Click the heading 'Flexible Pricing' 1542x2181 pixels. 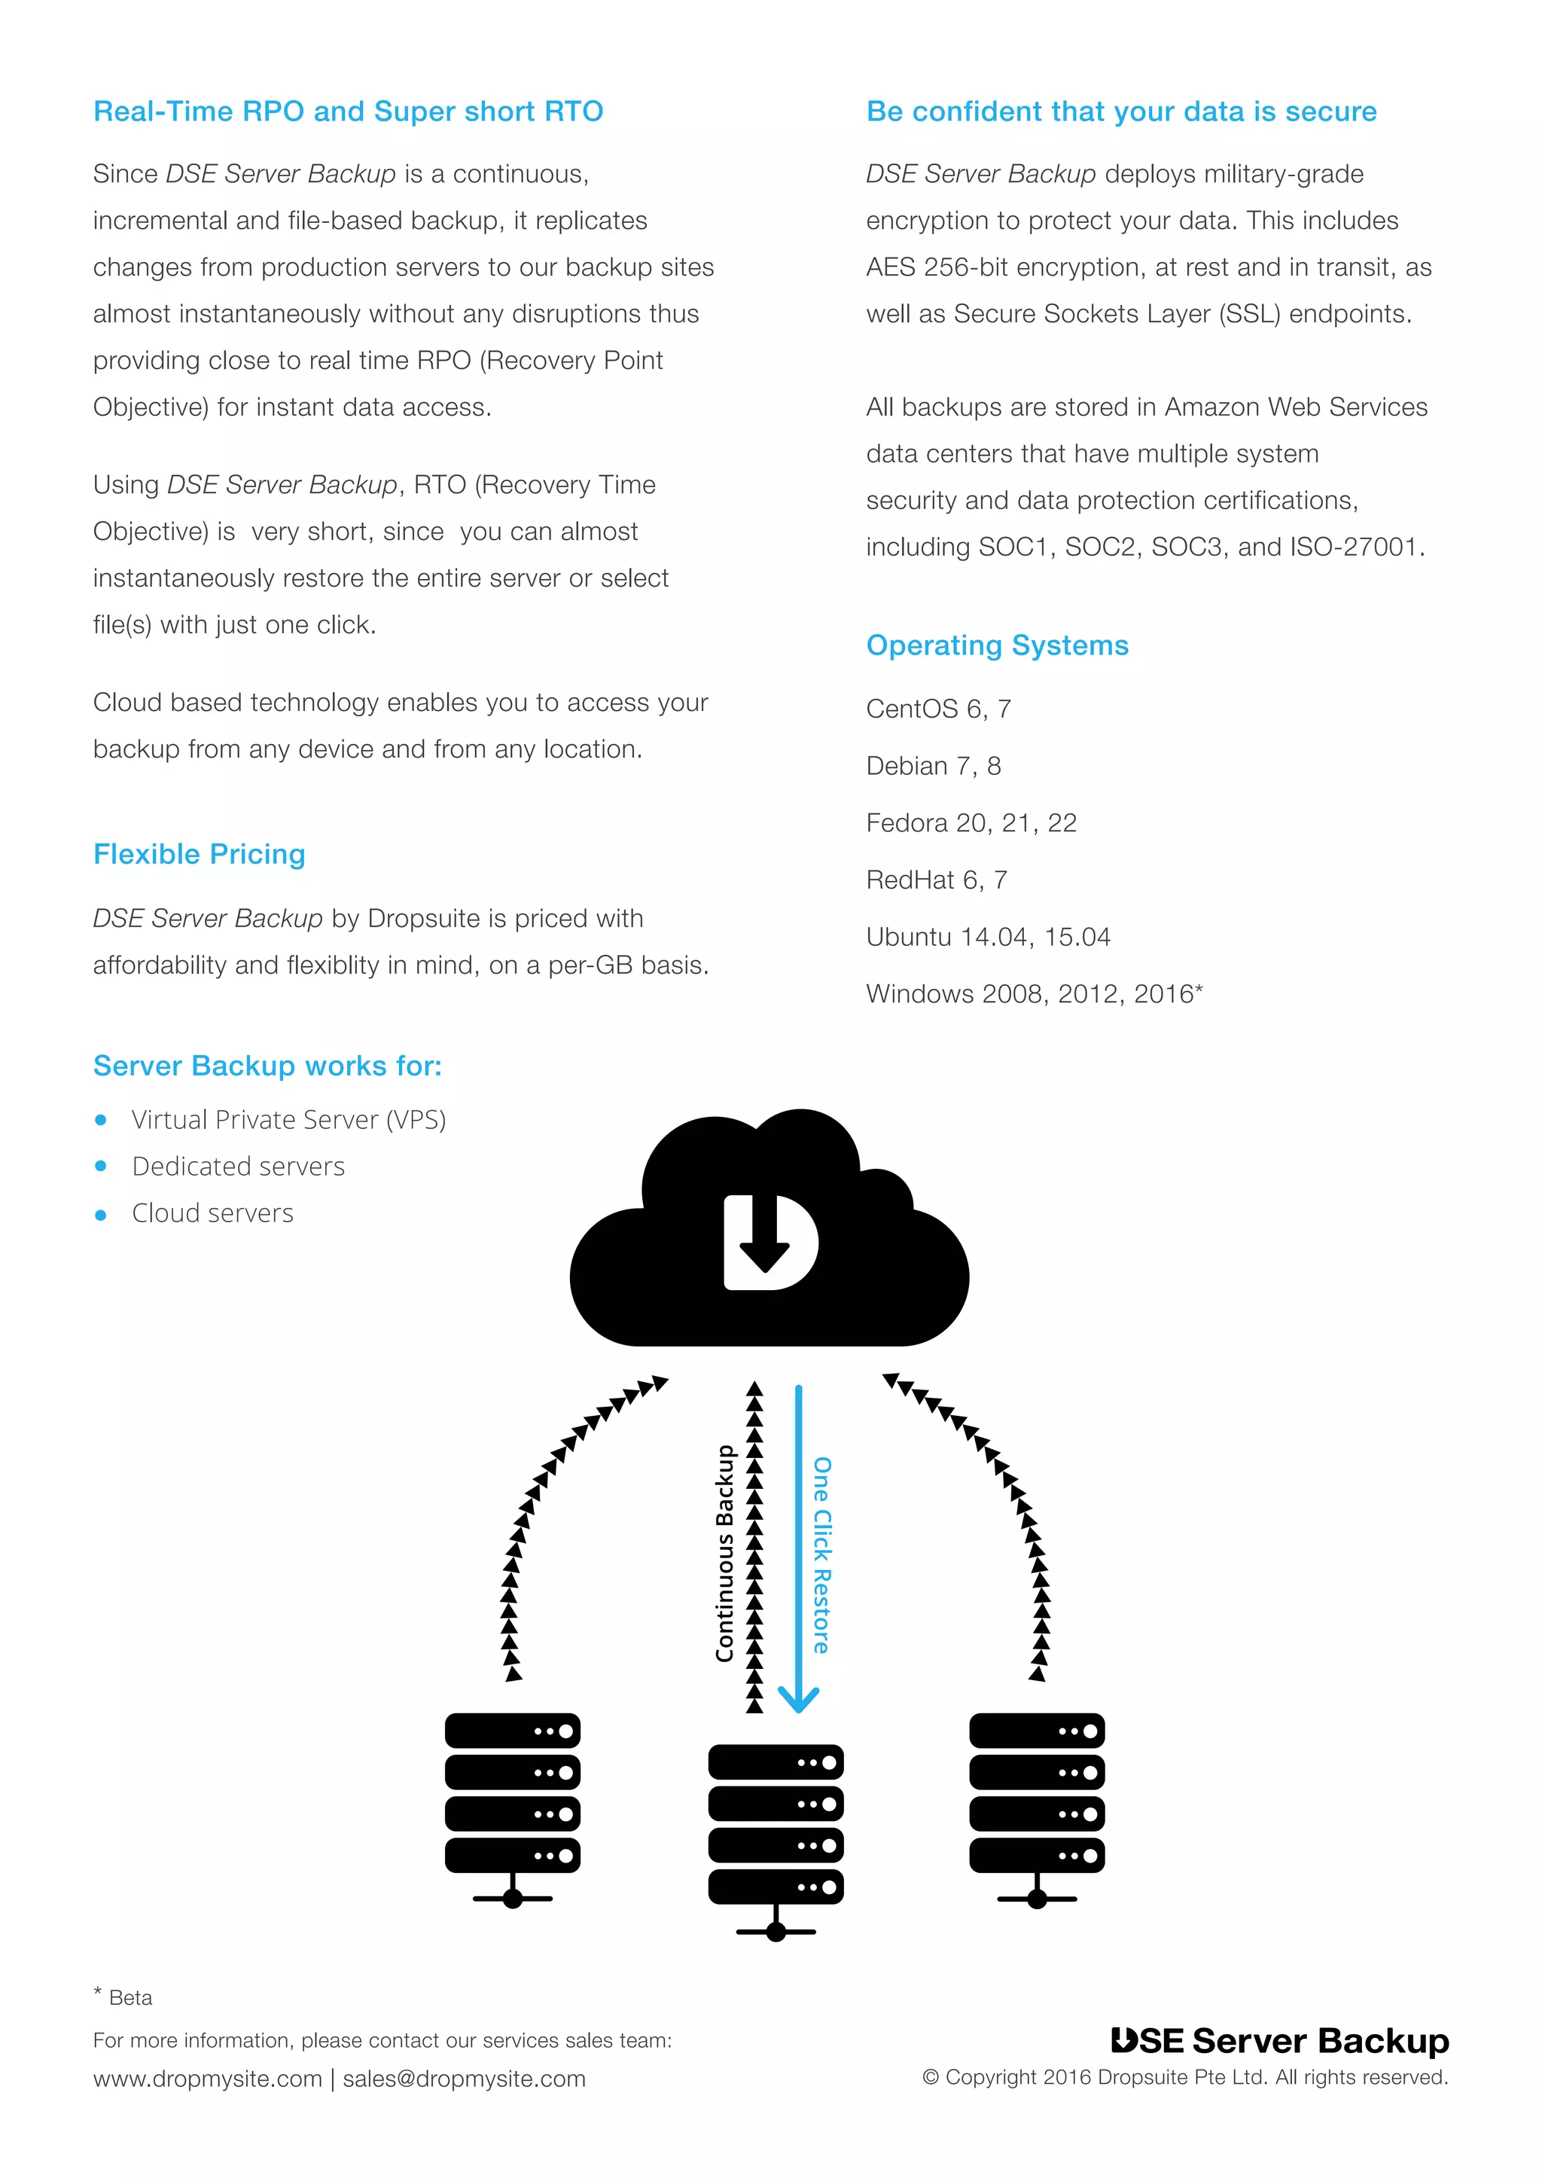point(200,854)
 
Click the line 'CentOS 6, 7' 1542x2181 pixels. point(938,709)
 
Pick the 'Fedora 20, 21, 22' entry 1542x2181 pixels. point(971,822)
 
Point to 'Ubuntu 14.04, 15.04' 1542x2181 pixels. point(988,937)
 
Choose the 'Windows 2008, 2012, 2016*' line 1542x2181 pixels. point(1034,993)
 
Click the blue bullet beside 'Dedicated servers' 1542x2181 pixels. point(101,1167)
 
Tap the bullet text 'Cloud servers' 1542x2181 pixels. point(212,1213)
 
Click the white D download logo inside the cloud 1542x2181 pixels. point(769,1242)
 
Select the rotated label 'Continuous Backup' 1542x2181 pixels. point(725,1553)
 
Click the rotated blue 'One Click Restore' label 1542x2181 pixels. point(821,1555)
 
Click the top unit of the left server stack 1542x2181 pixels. point(512,1731)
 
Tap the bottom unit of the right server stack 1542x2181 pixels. point(1037,1855)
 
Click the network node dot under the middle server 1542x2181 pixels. point(776,1932)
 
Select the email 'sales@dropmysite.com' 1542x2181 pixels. point(465,2079)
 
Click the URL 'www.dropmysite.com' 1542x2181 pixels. point(207,2079)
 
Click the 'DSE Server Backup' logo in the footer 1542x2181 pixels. point(1280,2040)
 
